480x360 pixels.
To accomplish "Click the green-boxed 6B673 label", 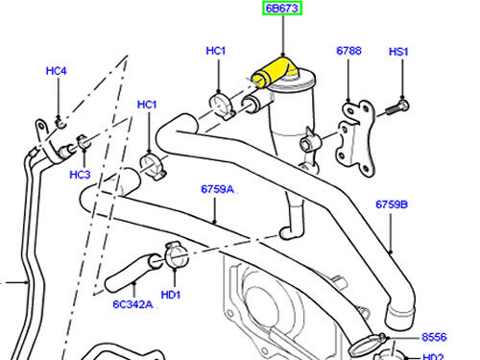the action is coord(282,9).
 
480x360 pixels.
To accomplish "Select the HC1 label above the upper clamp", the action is coord(216,51).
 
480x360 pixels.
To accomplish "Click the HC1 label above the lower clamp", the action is coord(147,105).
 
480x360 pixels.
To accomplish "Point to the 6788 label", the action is coord(348,51).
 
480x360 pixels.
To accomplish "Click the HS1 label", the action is coord(398,52).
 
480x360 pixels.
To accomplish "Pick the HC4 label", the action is coord(56,71).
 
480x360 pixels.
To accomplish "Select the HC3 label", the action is coord(80,175).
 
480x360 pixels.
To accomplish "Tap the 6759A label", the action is coord(218,189).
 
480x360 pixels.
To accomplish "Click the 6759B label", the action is coord(392,204).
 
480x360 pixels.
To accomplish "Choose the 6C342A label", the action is coord(132,304).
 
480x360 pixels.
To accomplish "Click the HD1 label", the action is coord(171,295).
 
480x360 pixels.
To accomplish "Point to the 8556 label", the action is coord(434,337).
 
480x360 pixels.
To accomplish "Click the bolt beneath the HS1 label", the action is coord(397,108).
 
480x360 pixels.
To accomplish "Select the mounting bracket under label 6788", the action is coord(355,137).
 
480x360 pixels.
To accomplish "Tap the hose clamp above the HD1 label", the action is coord(176,255).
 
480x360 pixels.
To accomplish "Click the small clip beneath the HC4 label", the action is coord(60,122).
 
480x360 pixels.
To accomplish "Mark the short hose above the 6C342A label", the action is coord(132,272).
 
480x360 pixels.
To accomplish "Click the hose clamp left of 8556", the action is coord(368,344).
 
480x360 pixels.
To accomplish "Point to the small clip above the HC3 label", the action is coord(84,142).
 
